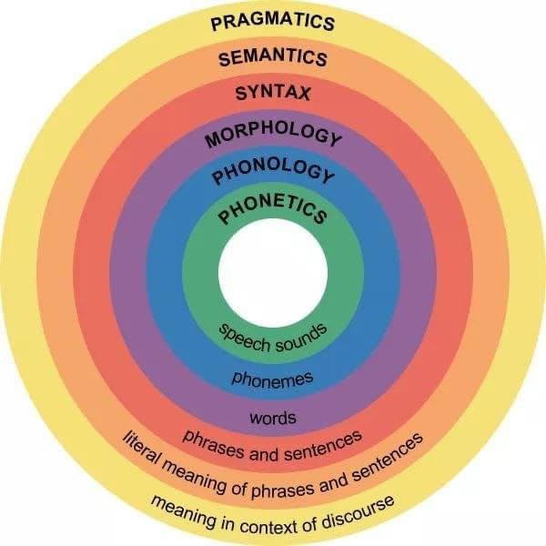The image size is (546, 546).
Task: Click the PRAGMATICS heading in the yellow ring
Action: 272,23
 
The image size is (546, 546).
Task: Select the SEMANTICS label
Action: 272,58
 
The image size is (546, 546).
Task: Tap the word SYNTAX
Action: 272,93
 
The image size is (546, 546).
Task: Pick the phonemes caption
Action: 273,377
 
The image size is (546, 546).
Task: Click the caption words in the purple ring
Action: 272,420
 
